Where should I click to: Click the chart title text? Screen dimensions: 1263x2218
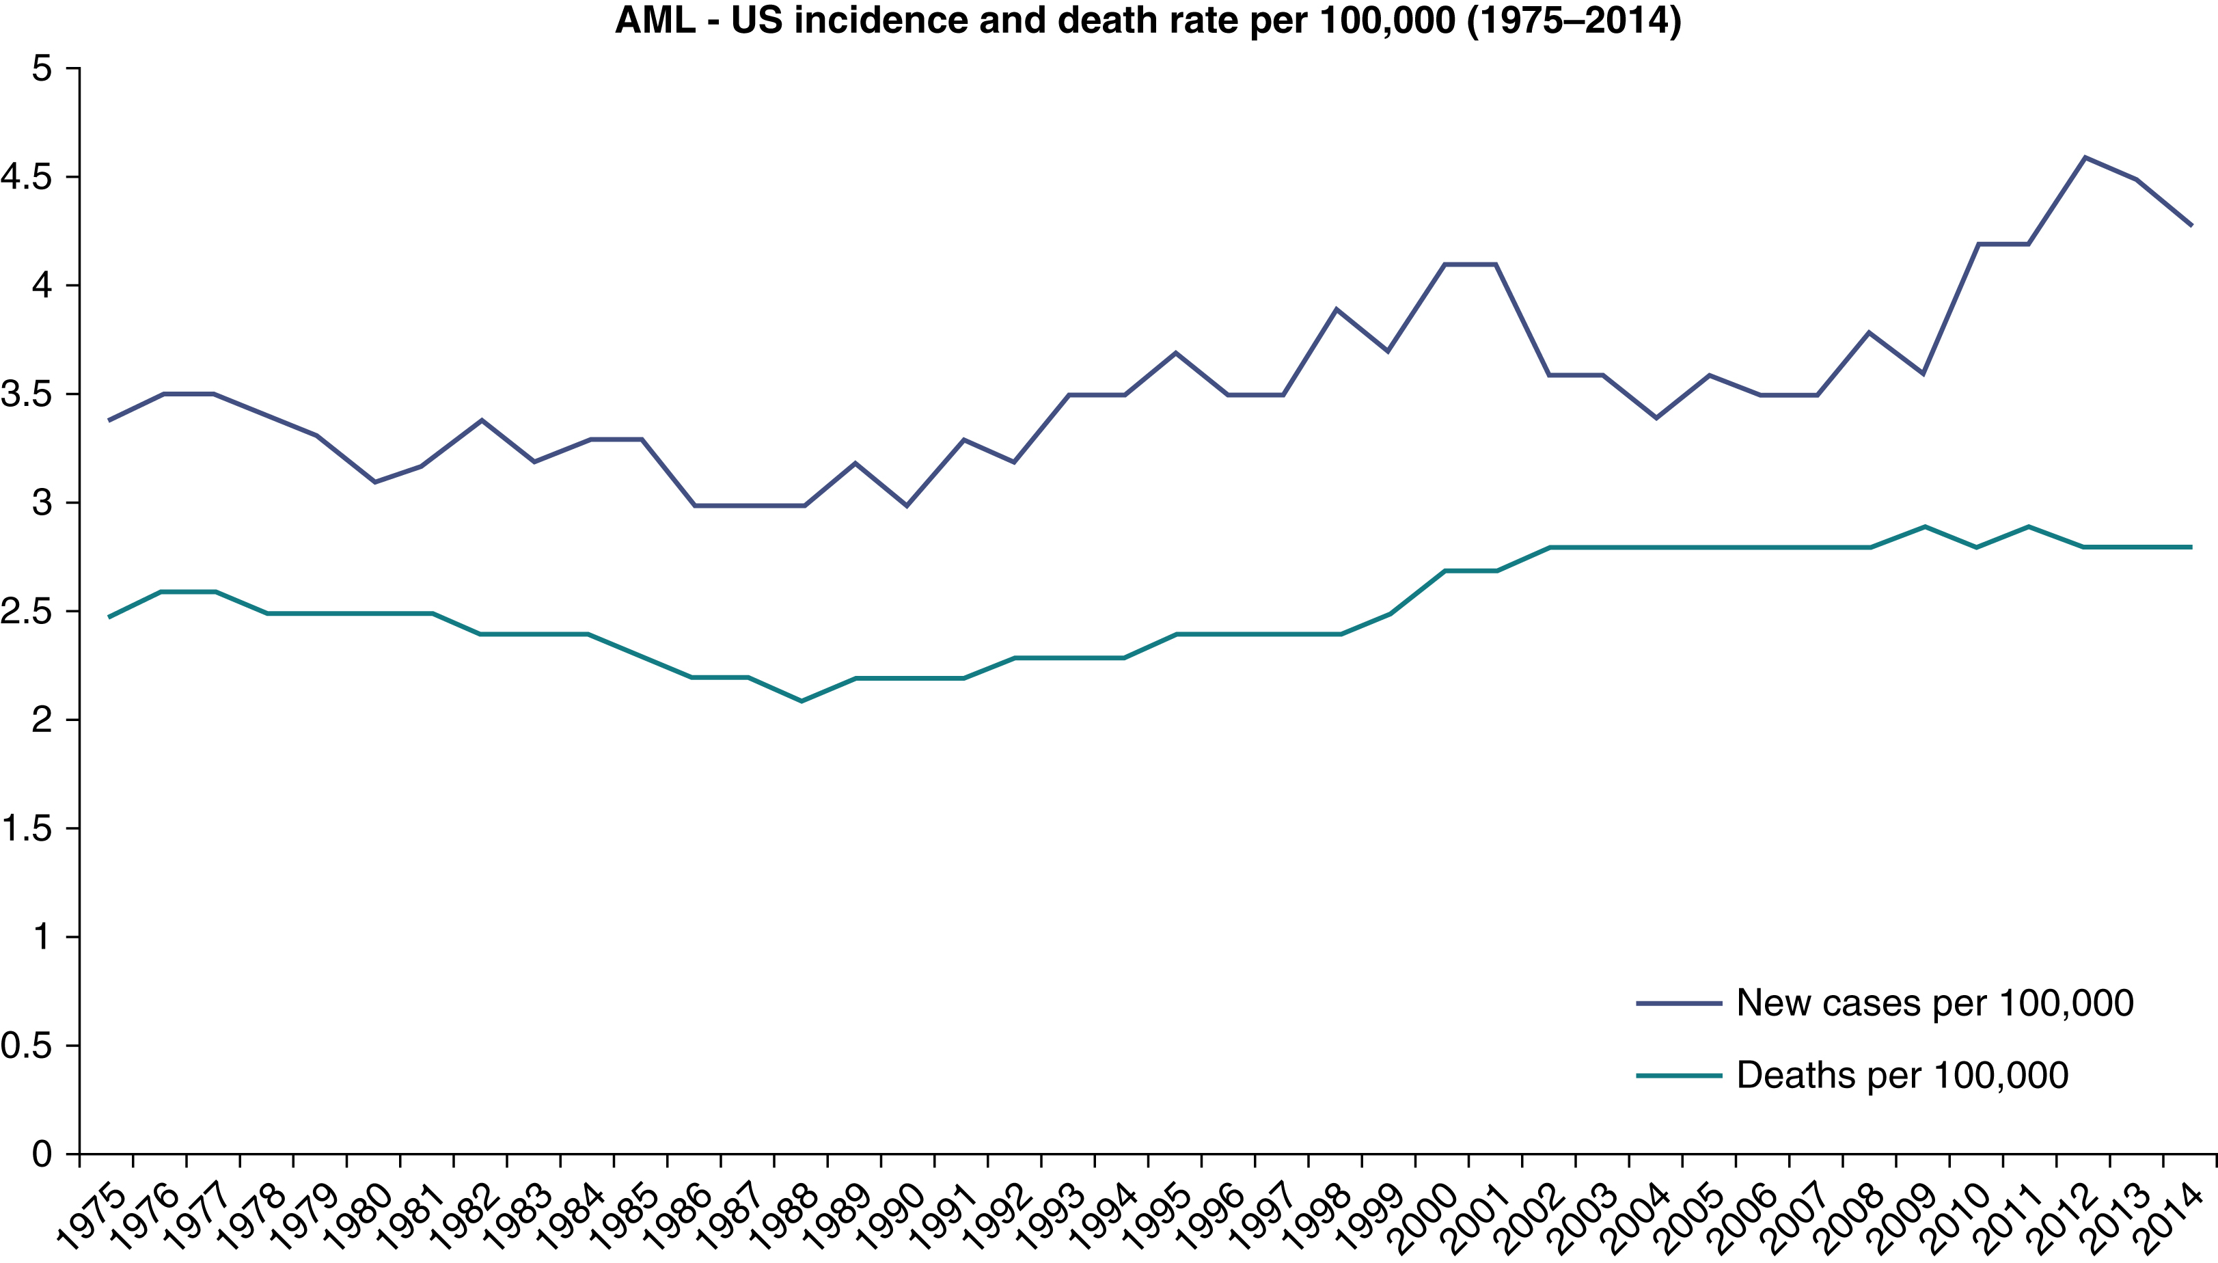pos(1148,21)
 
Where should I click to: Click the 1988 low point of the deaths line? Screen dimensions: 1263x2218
pos(802,701)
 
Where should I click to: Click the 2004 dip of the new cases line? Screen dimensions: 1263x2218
pos(1657,418)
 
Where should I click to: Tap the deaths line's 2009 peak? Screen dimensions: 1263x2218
pos(1925,526)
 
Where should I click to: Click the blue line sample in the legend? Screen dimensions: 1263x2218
pos(1679,1003)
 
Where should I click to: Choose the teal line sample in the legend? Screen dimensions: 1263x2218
pos(1679,1076)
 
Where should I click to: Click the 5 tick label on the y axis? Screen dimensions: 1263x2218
pos(42,68)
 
